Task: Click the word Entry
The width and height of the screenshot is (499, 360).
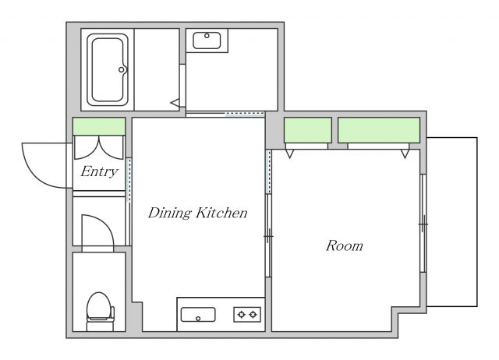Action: tap(99, 171)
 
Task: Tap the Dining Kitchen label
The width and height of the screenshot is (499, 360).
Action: tap(197, 213)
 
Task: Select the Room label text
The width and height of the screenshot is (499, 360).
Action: tap(345, 245)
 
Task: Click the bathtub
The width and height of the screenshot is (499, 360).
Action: tap(108, 69)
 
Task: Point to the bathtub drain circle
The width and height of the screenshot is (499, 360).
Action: tap(122, 69)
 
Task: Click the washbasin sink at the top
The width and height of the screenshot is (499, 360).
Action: tap(207, 41)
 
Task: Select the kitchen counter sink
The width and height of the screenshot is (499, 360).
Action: tap(198, 315)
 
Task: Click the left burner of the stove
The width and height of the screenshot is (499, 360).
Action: tap(241, 315)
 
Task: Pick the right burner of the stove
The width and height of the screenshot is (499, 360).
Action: tap(253, 315)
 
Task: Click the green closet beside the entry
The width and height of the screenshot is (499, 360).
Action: tap(99, 126)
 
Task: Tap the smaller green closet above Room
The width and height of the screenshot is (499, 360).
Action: tap(308, 130)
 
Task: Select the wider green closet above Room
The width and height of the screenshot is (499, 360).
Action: tap(379, 130)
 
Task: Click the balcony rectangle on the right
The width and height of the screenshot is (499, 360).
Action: tap(452, 222)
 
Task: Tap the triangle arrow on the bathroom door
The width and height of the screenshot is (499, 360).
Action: tap(175, 103)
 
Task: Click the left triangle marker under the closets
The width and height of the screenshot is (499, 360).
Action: tap(289, 154)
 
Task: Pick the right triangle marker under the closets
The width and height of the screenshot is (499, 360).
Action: tap(405, 154)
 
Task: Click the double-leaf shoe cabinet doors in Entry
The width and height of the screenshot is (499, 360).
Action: tap(99, 147)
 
